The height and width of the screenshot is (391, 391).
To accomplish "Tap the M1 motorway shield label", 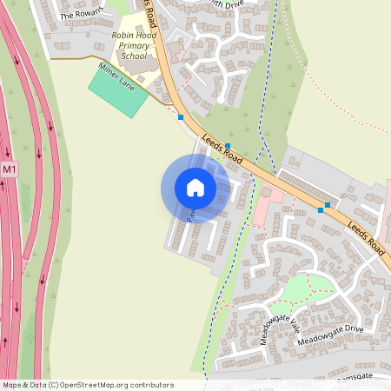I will (9, 169).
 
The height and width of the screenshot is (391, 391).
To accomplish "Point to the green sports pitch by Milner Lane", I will (118, 91).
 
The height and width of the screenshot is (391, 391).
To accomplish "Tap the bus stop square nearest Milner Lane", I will (181, 116).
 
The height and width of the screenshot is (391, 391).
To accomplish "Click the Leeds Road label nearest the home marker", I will (221, 144).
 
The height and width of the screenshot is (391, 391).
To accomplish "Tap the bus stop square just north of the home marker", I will (228, 146).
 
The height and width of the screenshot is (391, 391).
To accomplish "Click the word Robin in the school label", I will (120, 35).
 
